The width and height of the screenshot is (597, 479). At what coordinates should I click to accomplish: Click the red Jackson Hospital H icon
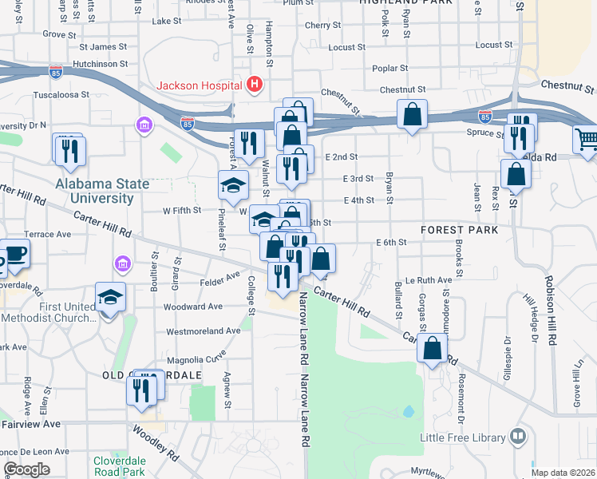[255, 84]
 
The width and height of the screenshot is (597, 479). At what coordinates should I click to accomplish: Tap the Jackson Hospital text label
[200, 85]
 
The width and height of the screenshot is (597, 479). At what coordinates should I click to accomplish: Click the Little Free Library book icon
[518, 437]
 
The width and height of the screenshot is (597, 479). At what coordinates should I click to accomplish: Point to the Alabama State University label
[102, 191]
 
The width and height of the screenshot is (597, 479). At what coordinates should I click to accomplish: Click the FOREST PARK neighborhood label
[460, 230]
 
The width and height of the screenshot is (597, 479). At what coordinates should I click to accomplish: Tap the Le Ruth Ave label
[429, 280]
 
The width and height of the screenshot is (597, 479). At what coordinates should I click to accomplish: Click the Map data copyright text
[563, 473]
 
